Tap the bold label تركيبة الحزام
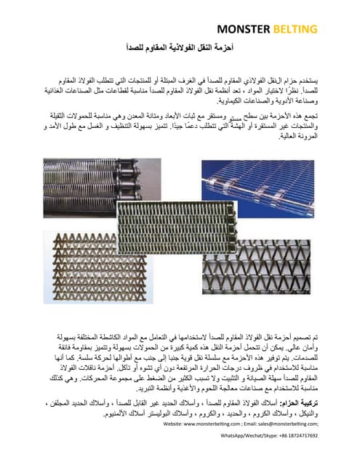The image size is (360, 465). point(303,403)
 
